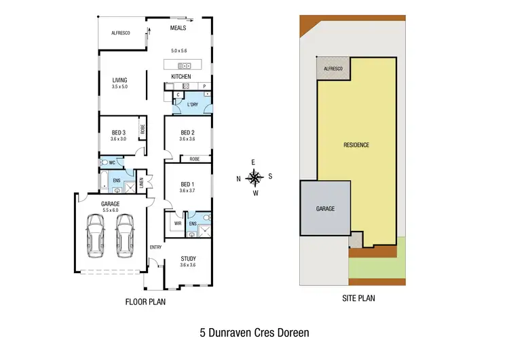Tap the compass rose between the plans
click(x=254, y=178)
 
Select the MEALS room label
click(x=177, y=29)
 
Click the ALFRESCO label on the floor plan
click(x=121, y=33)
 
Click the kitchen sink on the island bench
click(x=183, y=66)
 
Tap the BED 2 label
click(x=188, y=132)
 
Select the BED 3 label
click(x=119, y=132)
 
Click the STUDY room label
click(x=188, y=258)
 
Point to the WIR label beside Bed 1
click(x=178, y=223)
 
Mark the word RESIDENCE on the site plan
click(x=356, y=145)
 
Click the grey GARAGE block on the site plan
click(x=325, y=209)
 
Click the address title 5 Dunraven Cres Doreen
click(x=254, y=334)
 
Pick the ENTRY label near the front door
click(x=155, y=247)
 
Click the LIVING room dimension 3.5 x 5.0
click(x=119, y=87)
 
